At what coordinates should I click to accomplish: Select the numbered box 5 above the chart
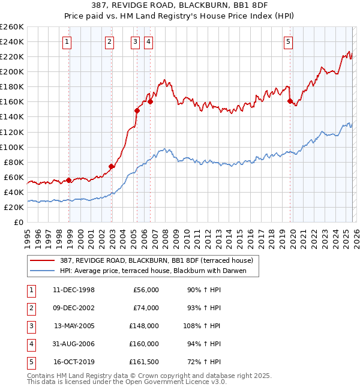click(x=289, y=41)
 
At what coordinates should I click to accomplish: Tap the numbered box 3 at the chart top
click(x=135, y=41)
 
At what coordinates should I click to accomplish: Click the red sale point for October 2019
click(x=290, y=101)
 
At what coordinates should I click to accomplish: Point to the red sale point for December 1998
click(x=69, y=180)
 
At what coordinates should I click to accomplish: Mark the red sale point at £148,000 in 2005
click(x=137, y=110)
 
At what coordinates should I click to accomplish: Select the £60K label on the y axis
click(x=14, y=177)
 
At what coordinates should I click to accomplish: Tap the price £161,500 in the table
click(x=144, y=362)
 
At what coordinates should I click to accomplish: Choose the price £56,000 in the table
click(x=146, y=290)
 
